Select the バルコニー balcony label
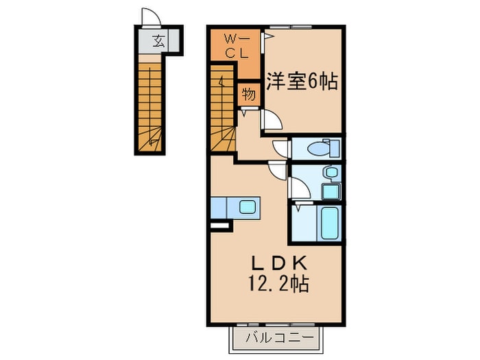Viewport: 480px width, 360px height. coord(278,337)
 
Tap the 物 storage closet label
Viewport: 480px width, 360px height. coord(249,95)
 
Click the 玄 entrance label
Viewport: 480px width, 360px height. coord(158,41)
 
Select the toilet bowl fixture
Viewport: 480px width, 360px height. coord(321,147)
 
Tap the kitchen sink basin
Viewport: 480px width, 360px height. coord(246,206)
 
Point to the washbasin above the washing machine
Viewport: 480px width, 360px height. coord(331,173)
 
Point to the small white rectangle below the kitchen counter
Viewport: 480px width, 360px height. coord(218,224)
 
